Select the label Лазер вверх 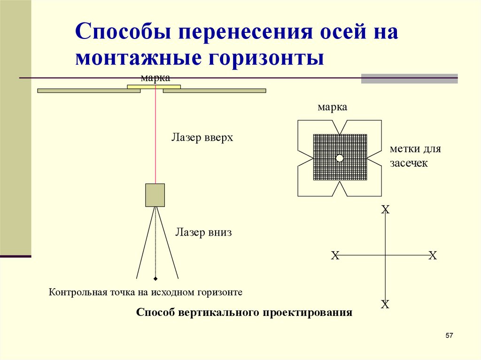[202, 138]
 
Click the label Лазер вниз [204, 232]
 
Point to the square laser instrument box [155, 195]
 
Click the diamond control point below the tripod [155, 279]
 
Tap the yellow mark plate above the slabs [154, 86]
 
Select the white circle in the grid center [340, 158]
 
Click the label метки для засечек [415, 156]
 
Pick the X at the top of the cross [385, 209]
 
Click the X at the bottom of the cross [385, 305]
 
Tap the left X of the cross [335, 256]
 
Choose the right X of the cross [433, 256]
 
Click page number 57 [449, 336]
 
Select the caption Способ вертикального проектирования [244, 313]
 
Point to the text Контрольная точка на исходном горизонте [146, 292]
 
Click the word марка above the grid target [333, 107]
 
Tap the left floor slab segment [89, 91]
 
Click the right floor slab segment [214, 91]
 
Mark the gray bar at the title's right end [409, 78]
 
